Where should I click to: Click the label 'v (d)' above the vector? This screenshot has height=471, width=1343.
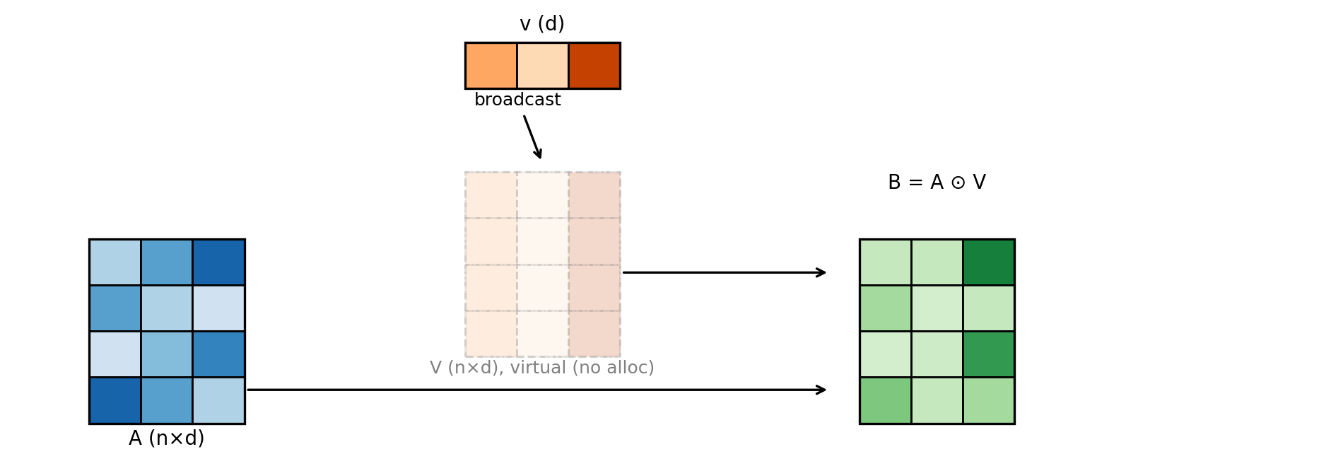pyautogui.click(x=542, y=24)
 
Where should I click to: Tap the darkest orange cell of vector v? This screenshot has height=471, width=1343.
pyautogui.click(x=594, y=66)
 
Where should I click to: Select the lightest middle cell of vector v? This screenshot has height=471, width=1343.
pyautogui.click(x=543, y=66)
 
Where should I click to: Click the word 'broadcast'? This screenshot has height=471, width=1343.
pyautogui.click(x=517, y=100)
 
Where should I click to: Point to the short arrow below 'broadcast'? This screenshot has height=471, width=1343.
pyautogui.click(x=532, y=136)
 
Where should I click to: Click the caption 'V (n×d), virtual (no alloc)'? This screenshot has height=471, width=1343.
pyautogui.click(x=542, y=368)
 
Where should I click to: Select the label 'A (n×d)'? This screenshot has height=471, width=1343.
pyautogui.click(x=167, y=438)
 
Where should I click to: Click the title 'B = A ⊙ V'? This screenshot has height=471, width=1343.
pyautogui.click(x=937, y=182)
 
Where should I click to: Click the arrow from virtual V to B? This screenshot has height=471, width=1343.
pyautogui.click(x=724, y=272)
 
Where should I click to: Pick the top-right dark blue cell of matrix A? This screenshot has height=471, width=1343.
pyautogui.click(x=218, y=262)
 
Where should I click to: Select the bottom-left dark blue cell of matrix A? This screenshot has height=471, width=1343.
pyautogui.click(x=115, y=400)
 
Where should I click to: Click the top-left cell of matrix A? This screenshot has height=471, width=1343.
pyautogui.click(x=115, y=262)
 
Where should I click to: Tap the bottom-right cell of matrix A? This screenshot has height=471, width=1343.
pyautogui.click(x=218, y=400)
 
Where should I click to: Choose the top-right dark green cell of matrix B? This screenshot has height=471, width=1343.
pyautogui.click(x=988, y=262)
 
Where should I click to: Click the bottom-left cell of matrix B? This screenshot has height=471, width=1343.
pyautogui.click(x=886, y=400)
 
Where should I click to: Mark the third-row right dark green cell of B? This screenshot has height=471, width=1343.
pyautogui.click(x=988, y=354)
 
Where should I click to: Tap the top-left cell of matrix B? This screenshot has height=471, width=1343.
pyautogui.click(x=886, y=262)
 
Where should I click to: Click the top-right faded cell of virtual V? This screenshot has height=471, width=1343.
pyautogui.click(x=594, y=195)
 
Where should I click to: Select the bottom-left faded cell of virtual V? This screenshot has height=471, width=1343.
pyautogui.click(x=491, y=333)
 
